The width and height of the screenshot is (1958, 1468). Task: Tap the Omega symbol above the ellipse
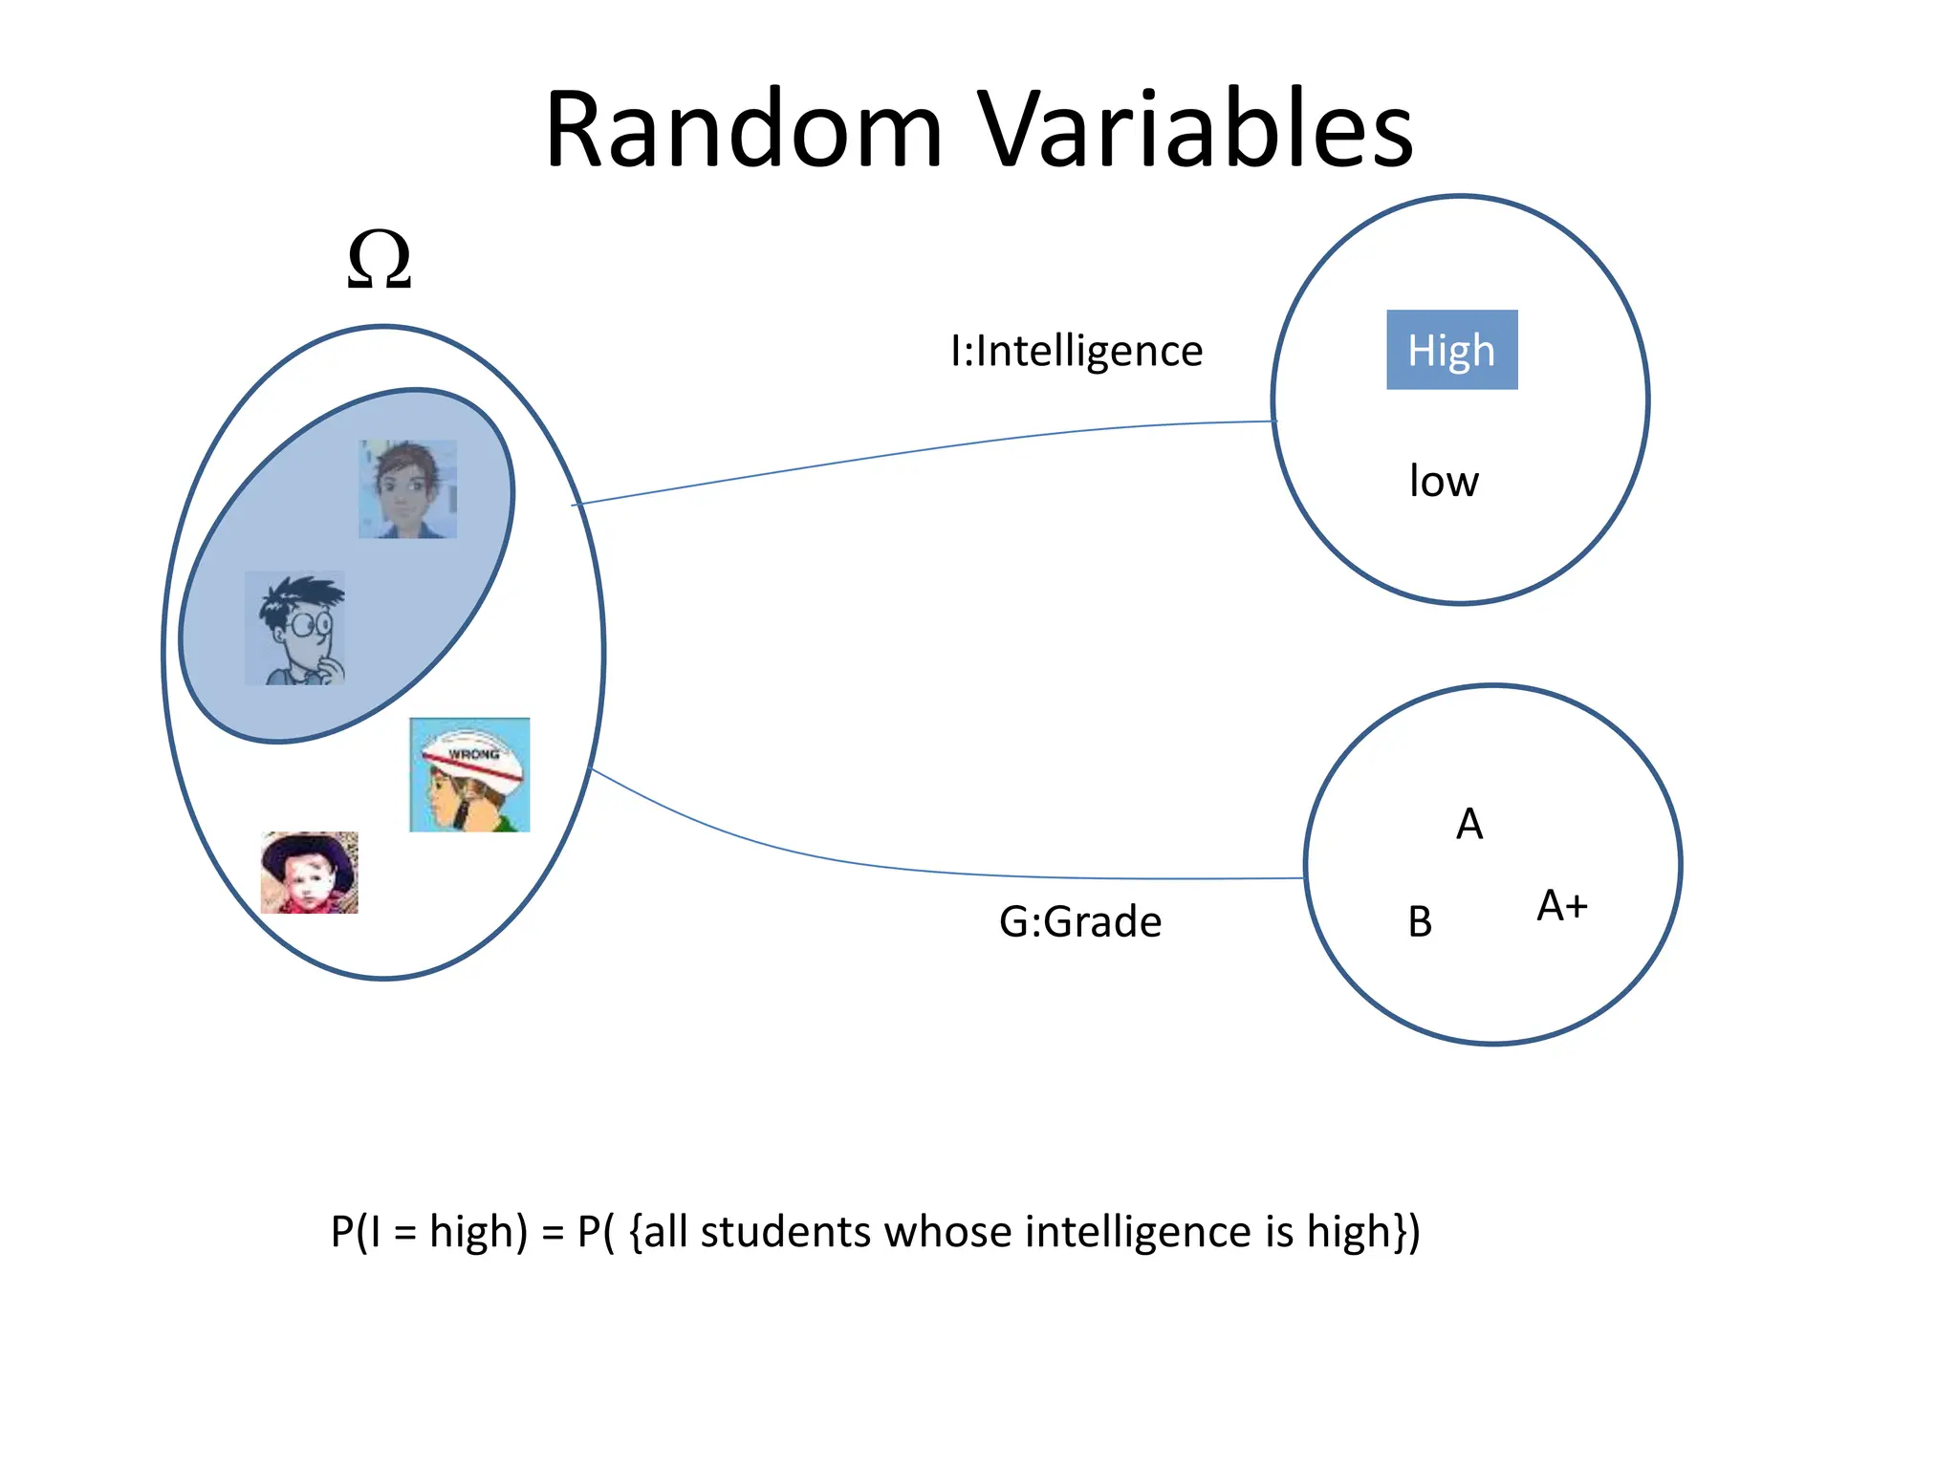[x=380, y=259]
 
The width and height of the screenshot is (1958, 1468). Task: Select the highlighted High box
[x=1451, y=350]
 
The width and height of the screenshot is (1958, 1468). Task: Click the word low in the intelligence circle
[x=1444, y=481]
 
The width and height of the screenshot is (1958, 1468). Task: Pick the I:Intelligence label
[x=1077, y=351]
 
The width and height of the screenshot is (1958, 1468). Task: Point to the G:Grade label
[x=1080, y=921]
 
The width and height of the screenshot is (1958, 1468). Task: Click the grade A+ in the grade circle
[x=1562, y=905]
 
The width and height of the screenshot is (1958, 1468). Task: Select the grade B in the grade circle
[x=1420, y=921]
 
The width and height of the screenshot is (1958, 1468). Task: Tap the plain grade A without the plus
[x=1469, y=824]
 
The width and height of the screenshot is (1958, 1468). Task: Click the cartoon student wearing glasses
[x=295, y=628]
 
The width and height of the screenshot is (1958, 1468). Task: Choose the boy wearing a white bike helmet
[x=469, y=775]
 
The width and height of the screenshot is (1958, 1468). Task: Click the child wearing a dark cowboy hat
[x=309, y=873]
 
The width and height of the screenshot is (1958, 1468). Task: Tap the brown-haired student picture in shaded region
[x=408, y=488]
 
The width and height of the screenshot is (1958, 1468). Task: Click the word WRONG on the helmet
[x=473, y=754]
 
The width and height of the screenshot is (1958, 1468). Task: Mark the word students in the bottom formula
[x=785, y=1231]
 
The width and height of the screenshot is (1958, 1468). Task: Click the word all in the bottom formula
[x=666, y=1231]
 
